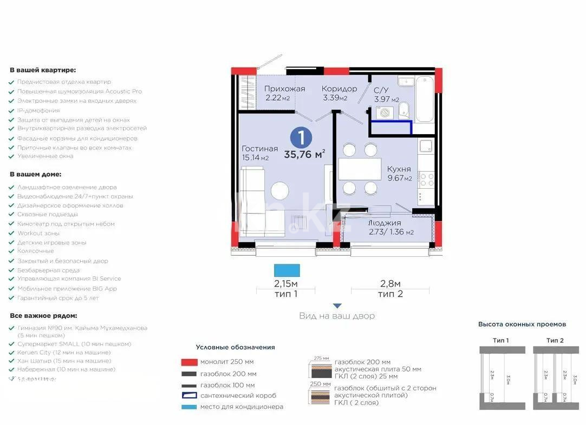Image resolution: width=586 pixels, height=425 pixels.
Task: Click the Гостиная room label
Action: (x=259, y=149)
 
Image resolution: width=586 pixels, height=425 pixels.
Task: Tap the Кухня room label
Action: (x=399, y=169)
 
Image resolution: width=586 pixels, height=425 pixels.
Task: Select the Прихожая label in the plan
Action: (x=284, y=89)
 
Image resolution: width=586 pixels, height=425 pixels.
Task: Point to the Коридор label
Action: (x=339, y=89)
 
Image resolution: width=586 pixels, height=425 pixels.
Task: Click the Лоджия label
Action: (x=385, y=223)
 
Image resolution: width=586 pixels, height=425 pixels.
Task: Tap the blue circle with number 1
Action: (x=301, y=136)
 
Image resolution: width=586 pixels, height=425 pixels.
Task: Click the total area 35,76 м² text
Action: (x=304, y=154)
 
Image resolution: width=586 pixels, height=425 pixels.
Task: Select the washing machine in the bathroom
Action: (x=385, y=112)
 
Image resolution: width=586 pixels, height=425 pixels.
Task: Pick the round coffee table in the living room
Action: (x=280, y=191)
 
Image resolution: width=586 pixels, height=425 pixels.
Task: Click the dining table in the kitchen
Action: (x=360, y=169)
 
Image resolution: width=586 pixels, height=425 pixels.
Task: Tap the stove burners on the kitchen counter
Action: (x=426, y=178)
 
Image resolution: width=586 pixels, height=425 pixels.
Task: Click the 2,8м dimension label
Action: (x=390, y=284)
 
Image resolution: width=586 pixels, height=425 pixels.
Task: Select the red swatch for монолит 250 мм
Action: (x=188, y=362)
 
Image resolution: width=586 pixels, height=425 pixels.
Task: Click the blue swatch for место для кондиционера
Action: (x=188, y=407)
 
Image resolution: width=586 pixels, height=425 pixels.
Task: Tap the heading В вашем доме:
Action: (x=36, y=175)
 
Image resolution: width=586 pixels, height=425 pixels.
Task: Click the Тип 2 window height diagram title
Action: (x=555, y=340)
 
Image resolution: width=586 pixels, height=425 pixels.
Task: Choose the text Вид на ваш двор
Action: (x=336, y=316)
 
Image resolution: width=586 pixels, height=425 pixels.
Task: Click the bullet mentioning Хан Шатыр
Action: (x=64, y=361)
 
